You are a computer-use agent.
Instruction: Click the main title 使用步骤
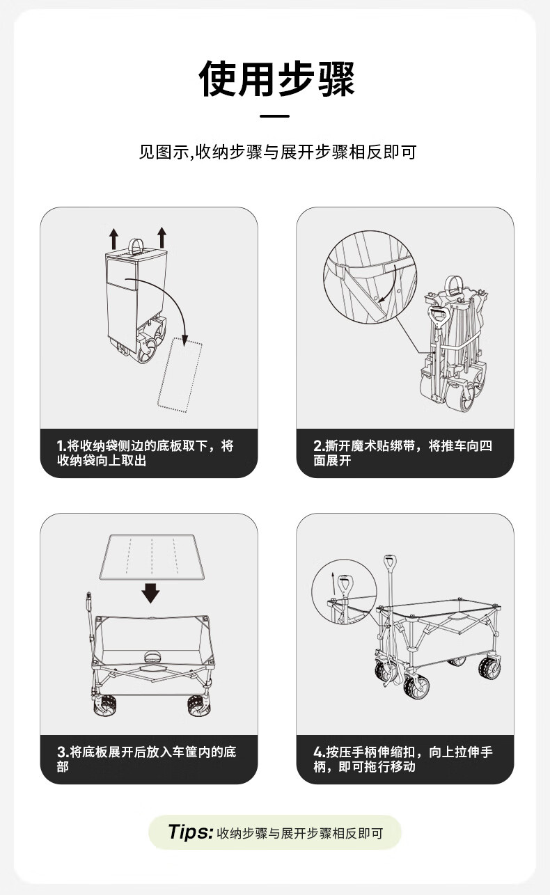[276, 79]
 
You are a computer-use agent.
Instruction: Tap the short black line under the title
[274, 116]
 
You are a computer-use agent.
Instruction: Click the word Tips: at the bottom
[191, 832]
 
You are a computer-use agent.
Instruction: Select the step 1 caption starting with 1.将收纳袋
[146, 452]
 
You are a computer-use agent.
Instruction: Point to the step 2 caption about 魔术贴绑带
[403, 452]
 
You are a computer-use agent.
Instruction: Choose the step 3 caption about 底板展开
[147, 759]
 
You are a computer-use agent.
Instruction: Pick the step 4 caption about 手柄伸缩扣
[403, 759]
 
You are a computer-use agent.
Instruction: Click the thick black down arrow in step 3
[150, 593]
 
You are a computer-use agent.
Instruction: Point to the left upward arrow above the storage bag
[114, 239]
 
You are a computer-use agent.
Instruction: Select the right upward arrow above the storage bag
[162, 237]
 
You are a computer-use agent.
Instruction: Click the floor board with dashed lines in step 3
[152, 557]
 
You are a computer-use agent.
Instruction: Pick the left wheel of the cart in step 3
[104, 706]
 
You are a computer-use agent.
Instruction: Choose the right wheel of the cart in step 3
[198, 706]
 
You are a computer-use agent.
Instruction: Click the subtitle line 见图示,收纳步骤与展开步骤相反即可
[277, 152]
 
